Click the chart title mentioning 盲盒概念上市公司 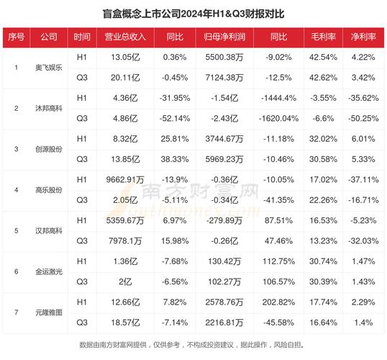pos(193,13)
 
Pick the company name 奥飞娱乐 pos(49,68)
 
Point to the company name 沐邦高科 pos(49,108)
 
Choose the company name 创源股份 pos(49,149)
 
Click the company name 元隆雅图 pos(49,312)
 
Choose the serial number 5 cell pos(16,230)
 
